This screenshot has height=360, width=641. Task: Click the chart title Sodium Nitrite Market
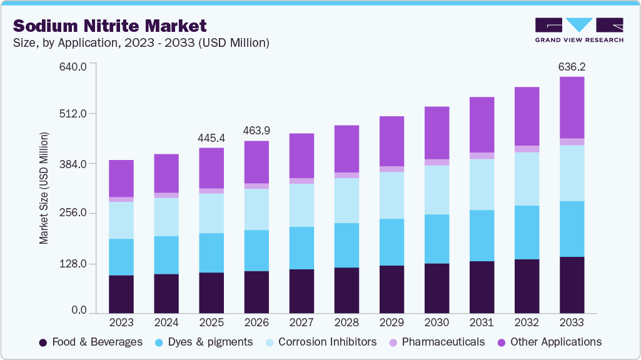109,26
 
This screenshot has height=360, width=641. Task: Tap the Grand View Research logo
579,29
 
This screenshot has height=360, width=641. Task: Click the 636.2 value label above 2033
572,66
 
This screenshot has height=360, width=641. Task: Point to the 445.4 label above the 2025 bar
211,137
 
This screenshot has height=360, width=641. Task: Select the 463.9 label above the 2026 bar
256,131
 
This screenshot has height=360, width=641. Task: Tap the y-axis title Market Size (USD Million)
44,187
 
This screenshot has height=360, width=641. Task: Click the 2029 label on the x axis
391,322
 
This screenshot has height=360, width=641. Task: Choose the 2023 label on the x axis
121,322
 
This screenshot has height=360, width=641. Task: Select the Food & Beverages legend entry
91,342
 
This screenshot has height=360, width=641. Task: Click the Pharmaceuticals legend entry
436,342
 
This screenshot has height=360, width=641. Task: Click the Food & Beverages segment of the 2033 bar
572,285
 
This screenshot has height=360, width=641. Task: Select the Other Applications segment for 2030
437,132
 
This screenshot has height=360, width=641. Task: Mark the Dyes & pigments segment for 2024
166,255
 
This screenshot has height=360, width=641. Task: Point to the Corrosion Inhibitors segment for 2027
301,205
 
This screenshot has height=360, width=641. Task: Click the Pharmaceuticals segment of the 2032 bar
527,149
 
